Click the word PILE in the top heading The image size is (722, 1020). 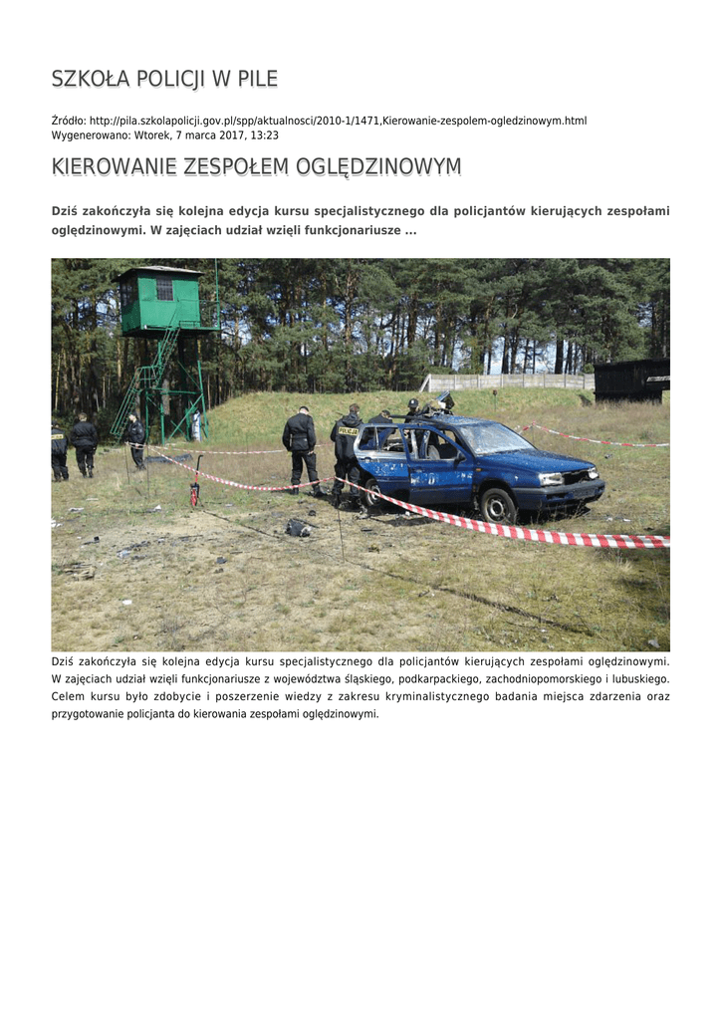257,79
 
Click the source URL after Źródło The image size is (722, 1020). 338,121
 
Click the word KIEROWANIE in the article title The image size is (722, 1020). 114,167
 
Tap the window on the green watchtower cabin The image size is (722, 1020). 164,289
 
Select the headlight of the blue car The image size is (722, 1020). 552,478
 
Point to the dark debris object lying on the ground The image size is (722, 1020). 298,528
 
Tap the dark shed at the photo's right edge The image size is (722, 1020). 631,380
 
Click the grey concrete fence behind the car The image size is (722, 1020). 507,382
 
